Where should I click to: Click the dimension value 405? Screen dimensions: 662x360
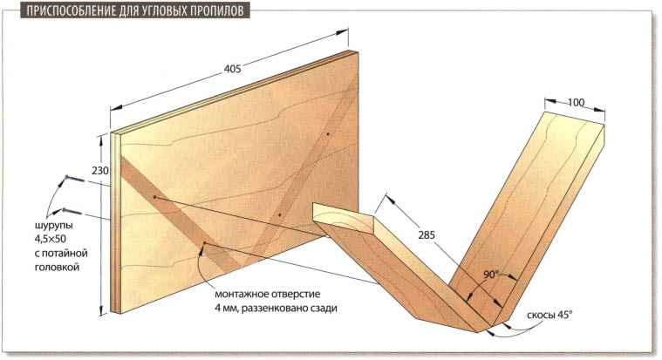(x=233, y=68)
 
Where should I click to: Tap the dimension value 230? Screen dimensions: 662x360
(x=100, y=171)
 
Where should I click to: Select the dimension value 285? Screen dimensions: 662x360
(x=427, y=235)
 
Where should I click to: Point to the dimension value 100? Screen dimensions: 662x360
(x=576, y=103)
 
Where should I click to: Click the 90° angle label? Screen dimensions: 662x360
(x=491, y=275)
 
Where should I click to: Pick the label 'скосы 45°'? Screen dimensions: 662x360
(x=549, y=315)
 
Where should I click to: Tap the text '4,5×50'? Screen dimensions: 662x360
(x=51, y=239)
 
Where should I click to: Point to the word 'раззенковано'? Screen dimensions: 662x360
(x=275, y=309)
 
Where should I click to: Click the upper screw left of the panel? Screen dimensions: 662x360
(x=74, y=179)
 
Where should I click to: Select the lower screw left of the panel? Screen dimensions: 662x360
(x=72, y=211)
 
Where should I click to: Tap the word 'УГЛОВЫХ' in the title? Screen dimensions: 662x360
(x=160, y=10)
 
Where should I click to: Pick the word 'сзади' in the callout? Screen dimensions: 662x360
(x=324, y=309)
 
